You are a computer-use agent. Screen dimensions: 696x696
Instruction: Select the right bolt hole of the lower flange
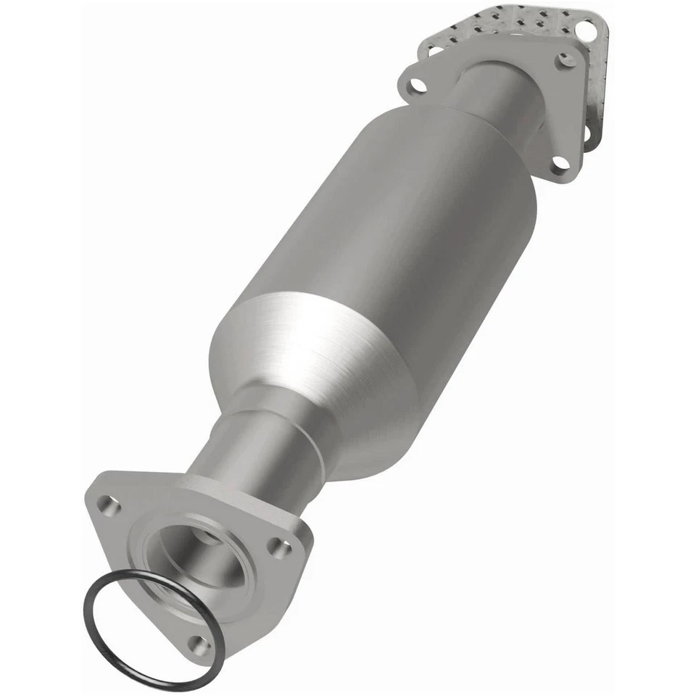(x=279, y=548)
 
